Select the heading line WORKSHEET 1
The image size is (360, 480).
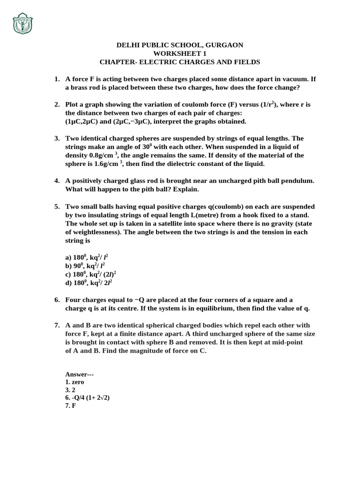180,53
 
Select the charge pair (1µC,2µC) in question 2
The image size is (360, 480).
83,121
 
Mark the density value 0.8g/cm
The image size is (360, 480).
101,155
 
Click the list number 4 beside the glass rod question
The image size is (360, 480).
57,180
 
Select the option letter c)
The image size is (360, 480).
68,274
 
